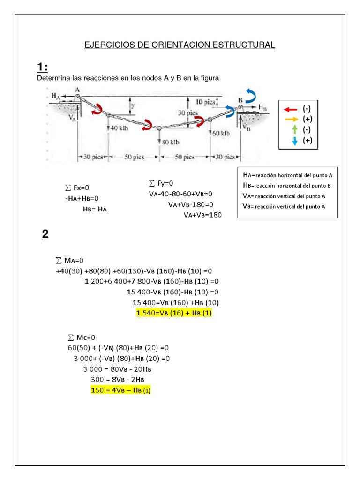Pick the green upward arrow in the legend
point(294,129)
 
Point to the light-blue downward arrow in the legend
point(294,141)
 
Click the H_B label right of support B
point(264,107)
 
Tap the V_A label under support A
point(72,118)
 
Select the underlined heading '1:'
point(42,67)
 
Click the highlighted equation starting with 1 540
point(174,314)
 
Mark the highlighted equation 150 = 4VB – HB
point(120,390)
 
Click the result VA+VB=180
point(202,215)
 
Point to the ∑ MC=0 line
point(82,337)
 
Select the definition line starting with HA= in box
point(287,175)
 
